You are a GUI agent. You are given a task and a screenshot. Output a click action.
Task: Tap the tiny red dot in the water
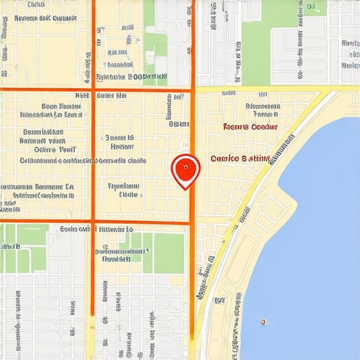click(x=262, y=322)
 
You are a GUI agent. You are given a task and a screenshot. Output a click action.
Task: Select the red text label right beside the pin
click(x=240, y=159)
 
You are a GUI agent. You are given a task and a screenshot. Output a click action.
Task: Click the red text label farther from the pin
click(x=250, y=127)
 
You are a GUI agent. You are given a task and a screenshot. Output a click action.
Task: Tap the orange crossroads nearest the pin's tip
click(x=191, y=224)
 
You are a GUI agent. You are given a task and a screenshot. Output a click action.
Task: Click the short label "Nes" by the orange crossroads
click(x=82, y=94)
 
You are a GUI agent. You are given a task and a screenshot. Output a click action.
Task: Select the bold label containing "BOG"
click(x=131, y=77)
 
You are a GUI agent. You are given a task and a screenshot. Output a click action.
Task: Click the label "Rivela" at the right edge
click(x=349, y=43)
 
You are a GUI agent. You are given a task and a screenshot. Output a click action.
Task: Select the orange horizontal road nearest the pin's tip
click(x=141, y=224)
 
